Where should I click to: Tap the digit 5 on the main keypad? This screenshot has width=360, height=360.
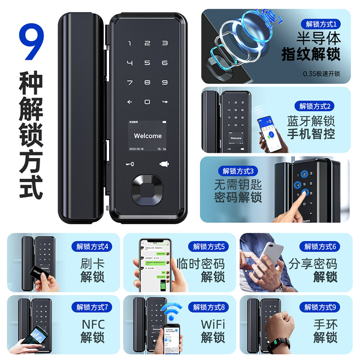click(147, 63)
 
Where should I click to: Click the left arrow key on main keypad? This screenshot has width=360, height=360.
click(130, 102)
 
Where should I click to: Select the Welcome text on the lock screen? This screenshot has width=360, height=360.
click(148, 136)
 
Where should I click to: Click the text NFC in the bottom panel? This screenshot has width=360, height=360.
click(92, 324)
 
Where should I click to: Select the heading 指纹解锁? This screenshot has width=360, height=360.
click(310, 55)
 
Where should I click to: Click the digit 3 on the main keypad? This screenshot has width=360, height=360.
click(165, 44)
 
